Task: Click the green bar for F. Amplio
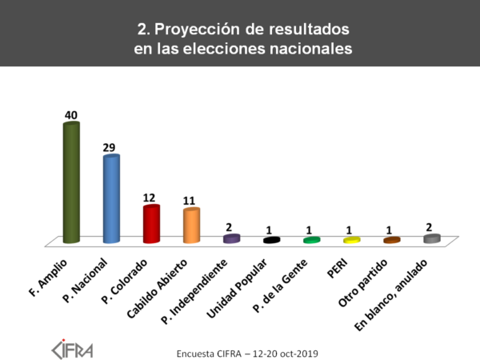[x=71, y=182]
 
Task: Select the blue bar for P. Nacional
[x=111, y=199]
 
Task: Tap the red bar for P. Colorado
[x=151, y=224]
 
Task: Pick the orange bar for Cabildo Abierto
[x=191, y=226]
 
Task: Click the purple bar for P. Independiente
[x=231, y=238]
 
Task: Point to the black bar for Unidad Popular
[x=271, y=240]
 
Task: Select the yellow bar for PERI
[x=351, y=240]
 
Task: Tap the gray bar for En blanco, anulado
[x=431, y=238]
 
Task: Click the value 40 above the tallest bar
[x=71, y=116]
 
